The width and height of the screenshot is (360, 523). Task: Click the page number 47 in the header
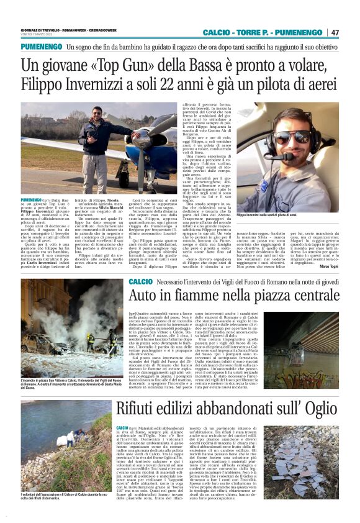click(335, 32)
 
